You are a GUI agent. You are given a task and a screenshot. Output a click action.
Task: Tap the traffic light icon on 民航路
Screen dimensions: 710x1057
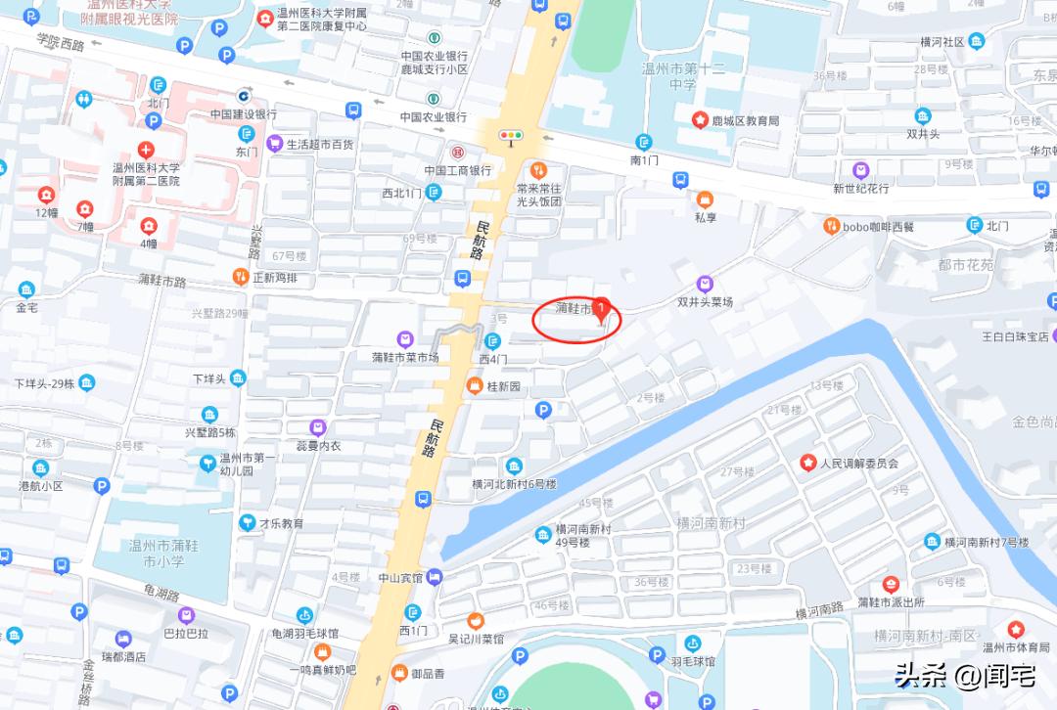(x=511, y=136)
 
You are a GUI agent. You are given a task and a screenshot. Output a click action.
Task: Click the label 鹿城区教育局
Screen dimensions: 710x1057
(x=745, y=120)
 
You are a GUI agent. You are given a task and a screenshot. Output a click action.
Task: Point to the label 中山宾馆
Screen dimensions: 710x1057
(x=401, y=577)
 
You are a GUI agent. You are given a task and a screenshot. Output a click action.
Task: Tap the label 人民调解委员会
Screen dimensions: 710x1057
(x=858, y=463)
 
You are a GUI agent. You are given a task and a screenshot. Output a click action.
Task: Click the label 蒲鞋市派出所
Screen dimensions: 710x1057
(x=890, y=601)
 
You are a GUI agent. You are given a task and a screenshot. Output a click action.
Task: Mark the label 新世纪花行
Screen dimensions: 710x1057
(x=860, y=188)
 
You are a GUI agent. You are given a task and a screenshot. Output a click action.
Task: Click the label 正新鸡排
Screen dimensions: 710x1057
(x=274, y=277)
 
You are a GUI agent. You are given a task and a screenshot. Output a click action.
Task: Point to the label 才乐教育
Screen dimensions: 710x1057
(x=281, y=523)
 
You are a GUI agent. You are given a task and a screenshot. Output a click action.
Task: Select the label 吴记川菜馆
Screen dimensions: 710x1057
(x=475, y=638)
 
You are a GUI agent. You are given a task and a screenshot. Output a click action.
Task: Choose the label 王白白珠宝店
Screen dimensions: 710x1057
(x=1015, y=336)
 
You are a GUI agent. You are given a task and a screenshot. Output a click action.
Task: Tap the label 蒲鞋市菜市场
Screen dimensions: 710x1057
(x=405, y=357)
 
